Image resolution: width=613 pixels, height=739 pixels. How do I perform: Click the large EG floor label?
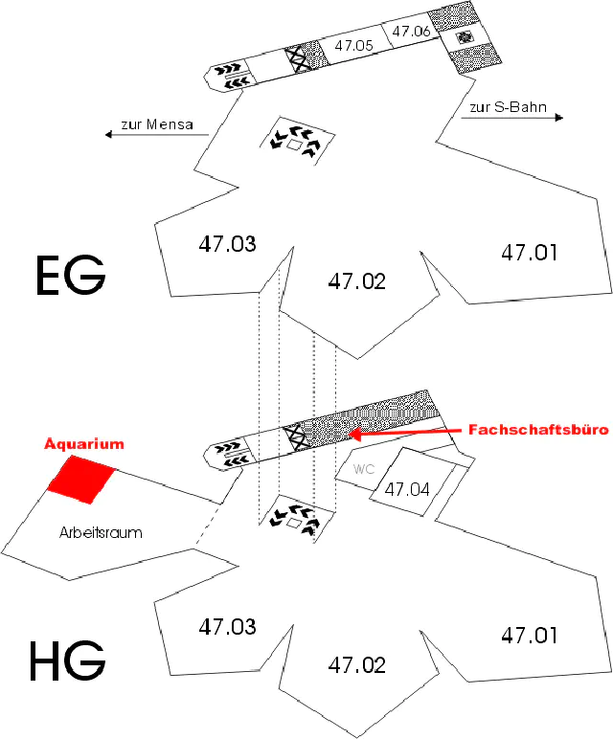click(70, 275)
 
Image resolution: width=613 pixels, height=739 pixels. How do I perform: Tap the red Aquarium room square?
click(82, 480)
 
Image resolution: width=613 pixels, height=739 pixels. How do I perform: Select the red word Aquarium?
click(85, 445)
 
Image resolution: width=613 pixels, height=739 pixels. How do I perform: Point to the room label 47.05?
click(353, 45)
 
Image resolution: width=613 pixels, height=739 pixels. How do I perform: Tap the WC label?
click(363, 470)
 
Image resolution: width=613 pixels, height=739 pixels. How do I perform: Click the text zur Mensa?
click(157, 124)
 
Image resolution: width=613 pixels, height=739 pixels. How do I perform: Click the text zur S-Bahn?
click(509, 108)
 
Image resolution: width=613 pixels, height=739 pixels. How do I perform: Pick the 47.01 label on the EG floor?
click(529, 253)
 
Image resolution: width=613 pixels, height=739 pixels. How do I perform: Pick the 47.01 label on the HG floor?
click(529, 635)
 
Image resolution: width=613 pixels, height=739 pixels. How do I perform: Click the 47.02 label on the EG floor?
click(356, 281)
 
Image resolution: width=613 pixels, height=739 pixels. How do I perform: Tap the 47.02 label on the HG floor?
click(356, 664)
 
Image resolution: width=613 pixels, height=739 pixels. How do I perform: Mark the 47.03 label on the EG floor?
click(227, 244)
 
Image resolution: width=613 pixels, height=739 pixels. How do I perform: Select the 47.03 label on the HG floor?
click(227, 627)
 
